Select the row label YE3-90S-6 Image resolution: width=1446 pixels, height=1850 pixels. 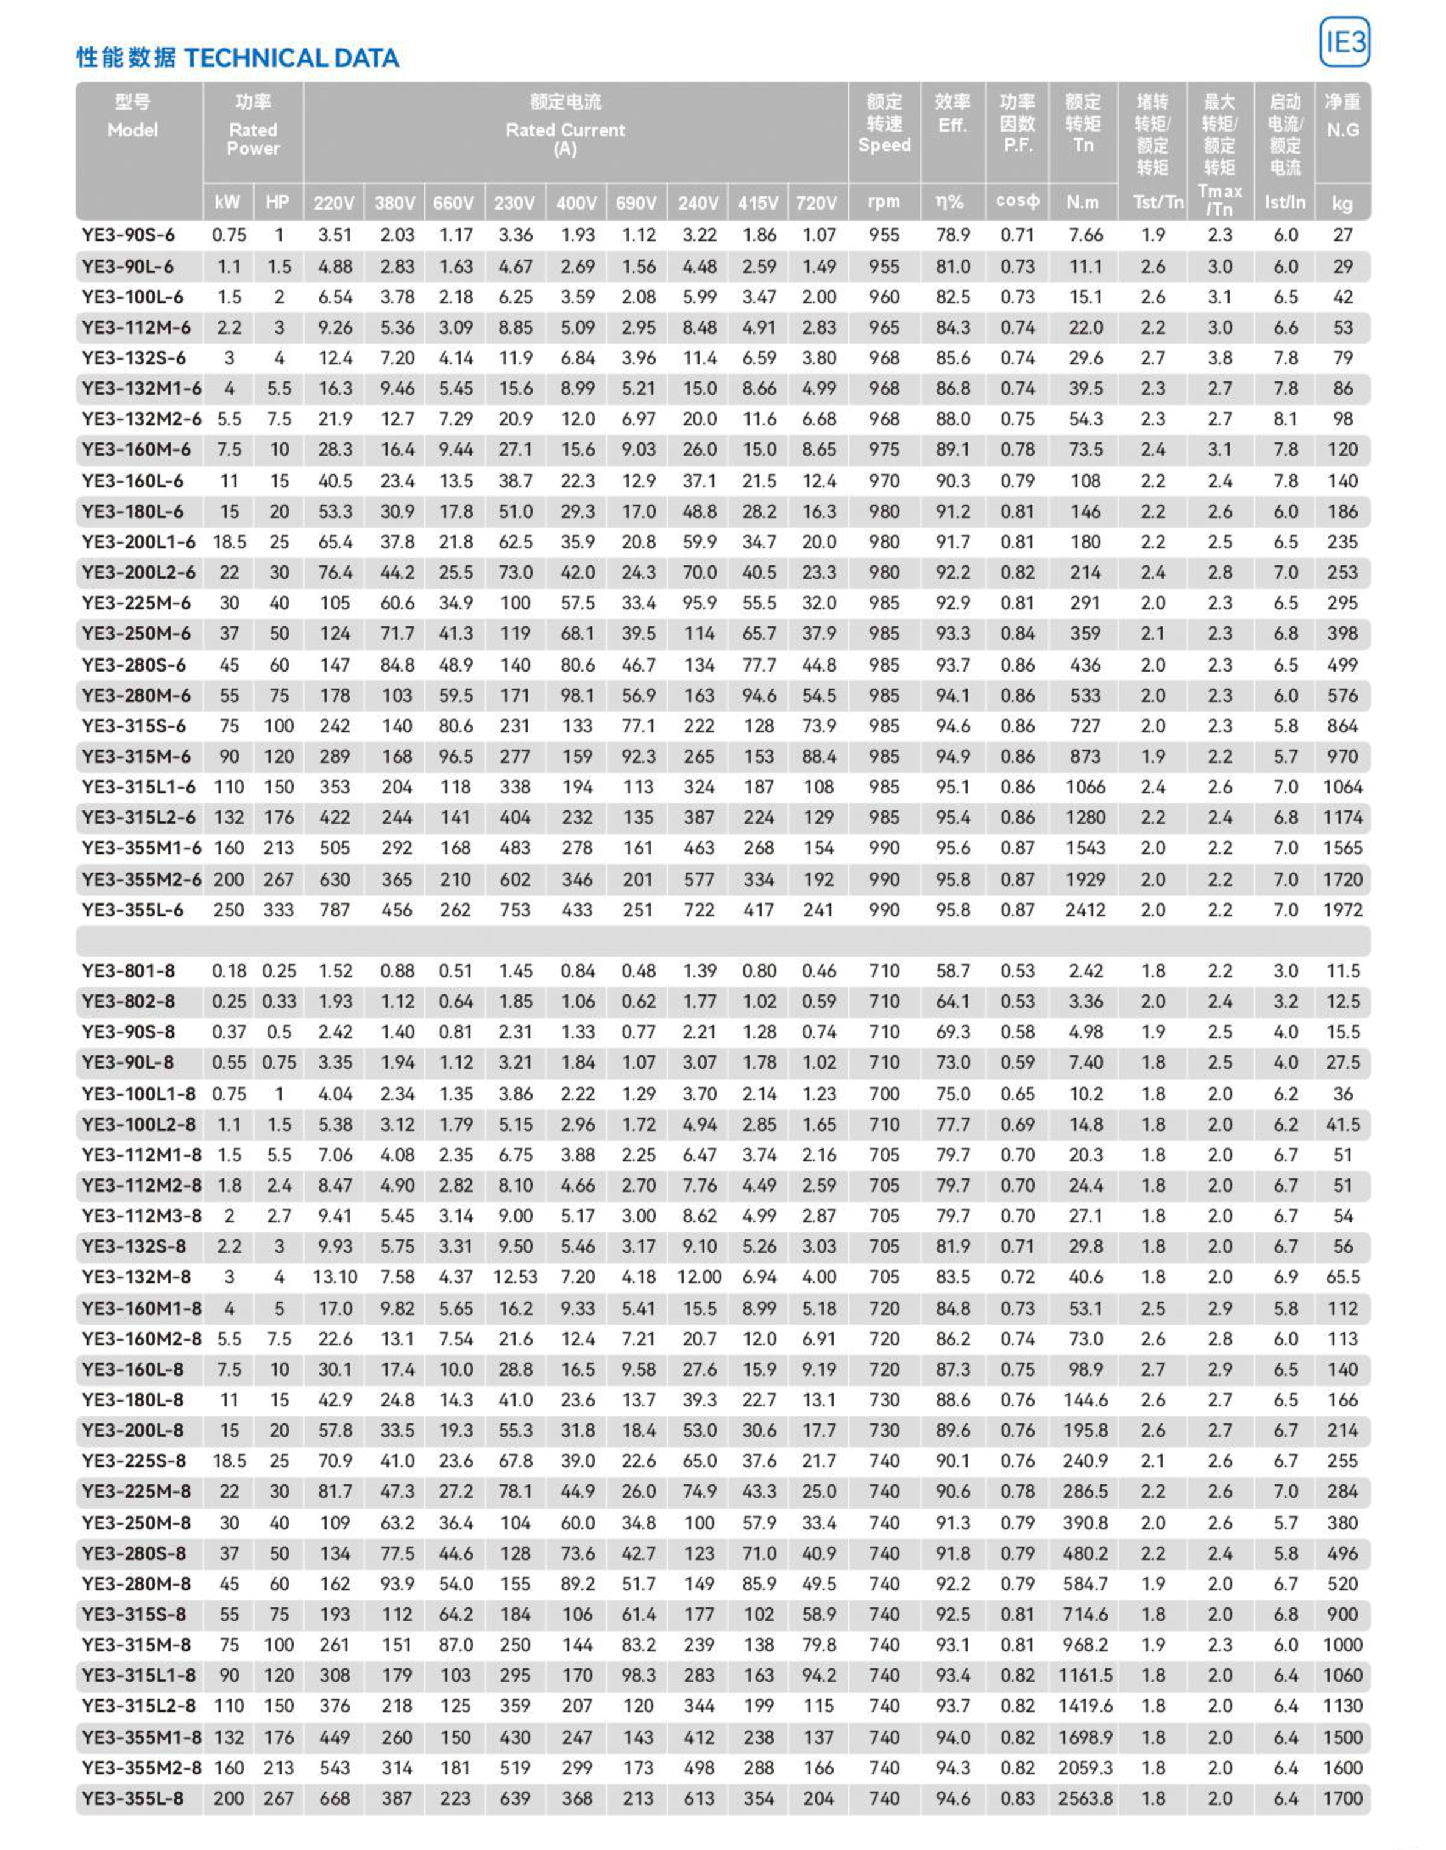coord(129,235)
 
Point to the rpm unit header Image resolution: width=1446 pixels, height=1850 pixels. coord(884,202)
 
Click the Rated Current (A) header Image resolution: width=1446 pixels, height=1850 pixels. coord(565,130)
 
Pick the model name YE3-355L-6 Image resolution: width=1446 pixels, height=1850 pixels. coord(133,910)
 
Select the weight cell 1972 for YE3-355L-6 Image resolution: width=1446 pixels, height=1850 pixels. coord(1342,910)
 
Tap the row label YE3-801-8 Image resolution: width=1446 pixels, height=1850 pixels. coord(129,971)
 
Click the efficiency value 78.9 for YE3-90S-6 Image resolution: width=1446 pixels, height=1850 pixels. coord(952,235)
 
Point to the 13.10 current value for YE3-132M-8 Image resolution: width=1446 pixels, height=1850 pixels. coord(335,1277)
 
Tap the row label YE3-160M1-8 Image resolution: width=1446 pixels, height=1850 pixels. coord(141,1308)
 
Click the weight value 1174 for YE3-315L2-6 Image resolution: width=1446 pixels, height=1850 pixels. coord(1342,817)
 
